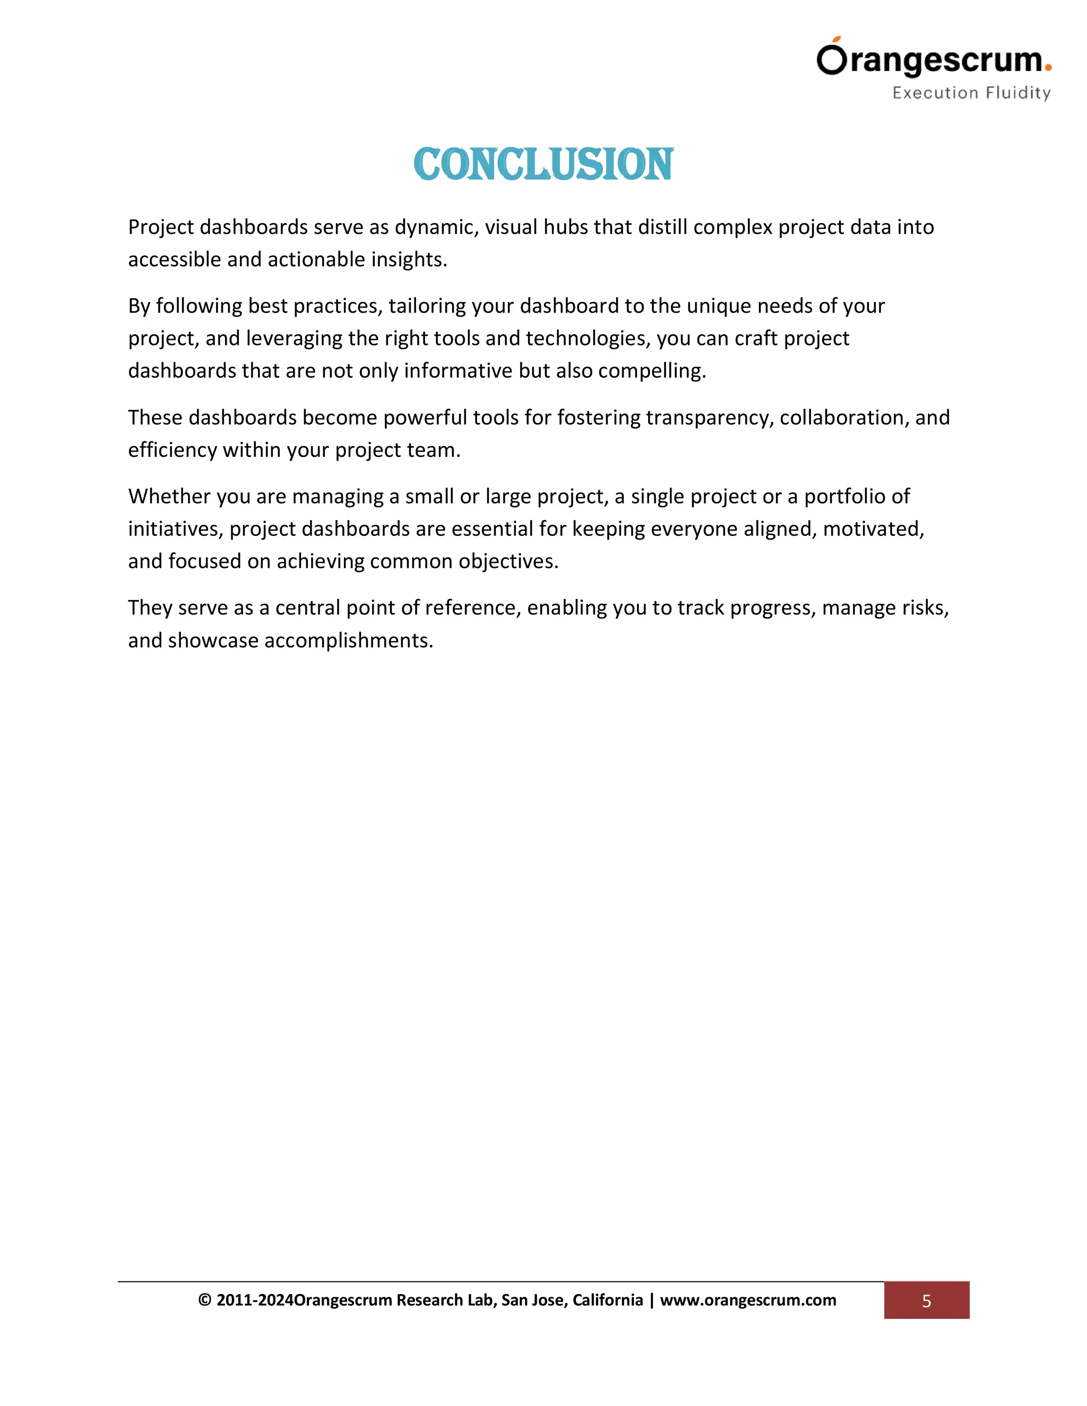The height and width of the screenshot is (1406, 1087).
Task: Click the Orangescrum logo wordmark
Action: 930,59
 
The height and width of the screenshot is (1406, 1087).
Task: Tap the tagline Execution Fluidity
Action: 971,93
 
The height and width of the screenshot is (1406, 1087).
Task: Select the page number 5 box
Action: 926,1300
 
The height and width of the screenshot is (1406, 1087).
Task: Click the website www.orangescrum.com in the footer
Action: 748,1300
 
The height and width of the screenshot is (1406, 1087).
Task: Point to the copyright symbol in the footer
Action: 205,1300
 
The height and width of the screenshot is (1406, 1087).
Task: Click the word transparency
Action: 709,418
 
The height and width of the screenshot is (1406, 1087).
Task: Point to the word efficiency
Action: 172,450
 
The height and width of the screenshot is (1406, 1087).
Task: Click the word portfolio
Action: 849,497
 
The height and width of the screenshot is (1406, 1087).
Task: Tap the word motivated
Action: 873,529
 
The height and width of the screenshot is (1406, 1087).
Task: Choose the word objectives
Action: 508,561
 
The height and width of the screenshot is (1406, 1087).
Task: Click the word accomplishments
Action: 348,640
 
